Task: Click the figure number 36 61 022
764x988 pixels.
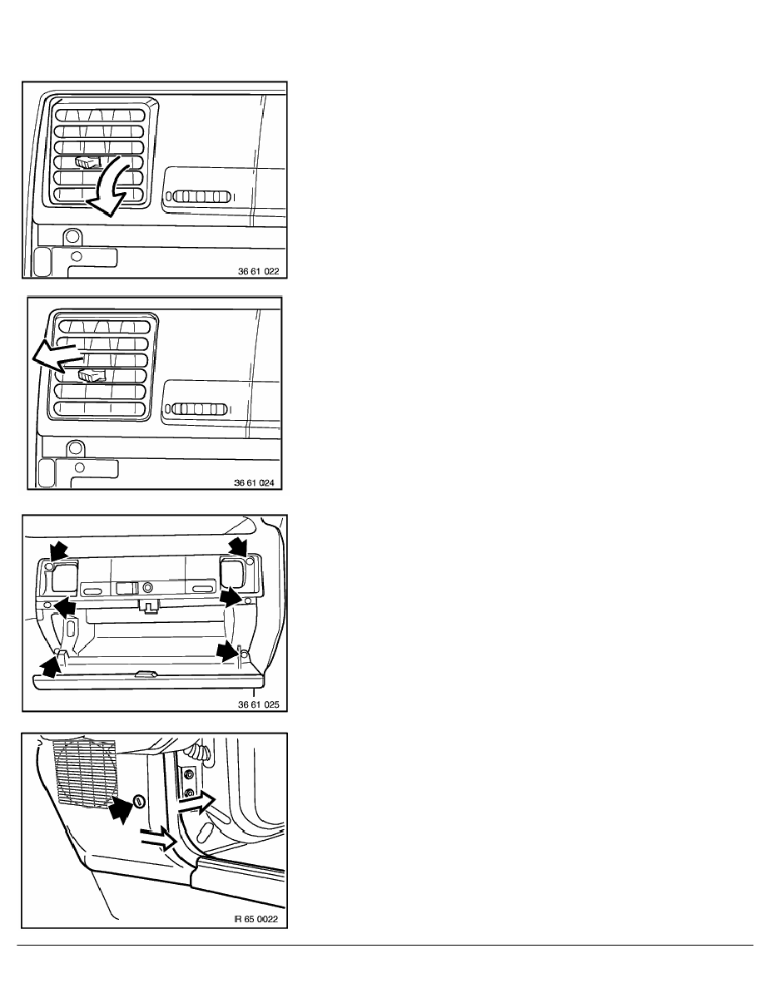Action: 258,272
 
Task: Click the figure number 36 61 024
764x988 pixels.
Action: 254,482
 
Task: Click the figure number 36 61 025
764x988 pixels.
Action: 258,704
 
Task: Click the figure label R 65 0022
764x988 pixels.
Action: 256,919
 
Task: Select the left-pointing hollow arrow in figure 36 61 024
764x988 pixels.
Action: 57,358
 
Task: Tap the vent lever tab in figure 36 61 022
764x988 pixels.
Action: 87,162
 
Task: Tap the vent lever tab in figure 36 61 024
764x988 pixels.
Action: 92,376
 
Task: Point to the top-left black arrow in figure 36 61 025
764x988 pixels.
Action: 58,549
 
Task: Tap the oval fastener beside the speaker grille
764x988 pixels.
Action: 139,802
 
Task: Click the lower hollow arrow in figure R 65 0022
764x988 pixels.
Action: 159,838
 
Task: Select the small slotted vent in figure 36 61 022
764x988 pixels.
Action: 199,196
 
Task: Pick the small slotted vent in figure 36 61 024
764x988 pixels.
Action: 196,409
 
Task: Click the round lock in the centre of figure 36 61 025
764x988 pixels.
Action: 147,587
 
